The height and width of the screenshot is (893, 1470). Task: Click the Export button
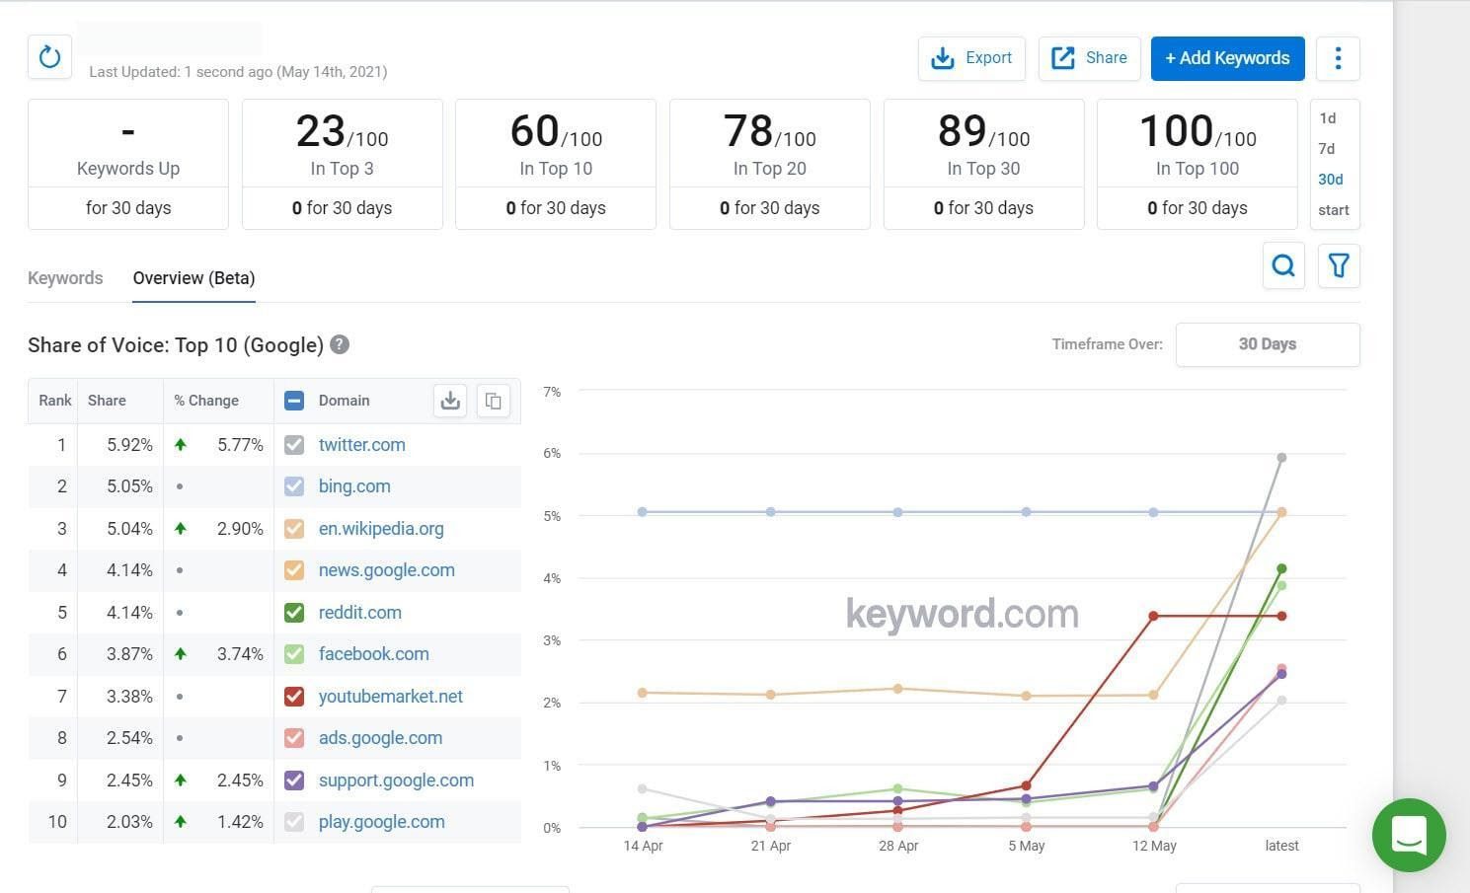pos(971,58)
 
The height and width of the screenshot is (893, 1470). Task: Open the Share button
pos(1089,58)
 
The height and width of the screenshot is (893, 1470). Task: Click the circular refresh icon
pos(49,57)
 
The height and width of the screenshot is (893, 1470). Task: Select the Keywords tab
pos(65,278)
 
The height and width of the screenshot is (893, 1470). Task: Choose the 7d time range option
pos(1327,149)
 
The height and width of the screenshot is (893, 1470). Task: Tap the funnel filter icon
pos(1339,265)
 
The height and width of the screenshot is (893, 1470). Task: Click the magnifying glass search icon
pos(1283,265)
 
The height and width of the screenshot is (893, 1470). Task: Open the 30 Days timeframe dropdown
pos(1267,344)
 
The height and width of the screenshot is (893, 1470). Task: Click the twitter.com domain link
pos(361,445)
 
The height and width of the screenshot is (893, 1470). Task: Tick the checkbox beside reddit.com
pos(294,613)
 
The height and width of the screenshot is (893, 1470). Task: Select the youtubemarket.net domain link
pos(390,697)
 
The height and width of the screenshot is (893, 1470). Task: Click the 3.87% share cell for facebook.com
pos(129,654)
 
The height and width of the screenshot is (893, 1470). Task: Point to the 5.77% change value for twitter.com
pos(240,445)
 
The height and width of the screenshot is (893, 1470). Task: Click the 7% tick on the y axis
pos(552,392)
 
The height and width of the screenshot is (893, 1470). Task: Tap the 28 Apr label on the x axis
pos(898,846)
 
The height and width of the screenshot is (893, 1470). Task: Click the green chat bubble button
pos(1409,835)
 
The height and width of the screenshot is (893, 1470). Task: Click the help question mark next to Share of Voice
pos(340,344)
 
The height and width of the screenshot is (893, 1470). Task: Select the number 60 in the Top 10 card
pos(534,131)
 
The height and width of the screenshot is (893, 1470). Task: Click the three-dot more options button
pos(1338,58)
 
